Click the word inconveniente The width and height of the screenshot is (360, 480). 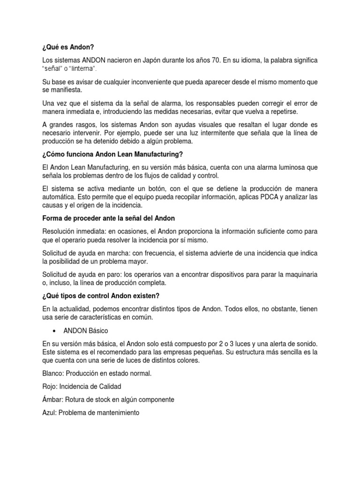pyautogui.click(x=148, y=82)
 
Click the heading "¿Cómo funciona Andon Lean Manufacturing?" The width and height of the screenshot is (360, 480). pyautogui.click(x=112, y=154)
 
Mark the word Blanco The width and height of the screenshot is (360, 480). pyautogui.click(x=52, y=373)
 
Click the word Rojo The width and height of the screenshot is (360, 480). pyautogui.click(x=49, y=386)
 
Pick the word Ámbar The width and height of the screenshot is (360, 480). pyautogui.click(x=51, y=400)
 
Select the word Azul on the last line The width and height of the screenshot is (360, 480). pyautogui.click(x=49, y=413)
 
